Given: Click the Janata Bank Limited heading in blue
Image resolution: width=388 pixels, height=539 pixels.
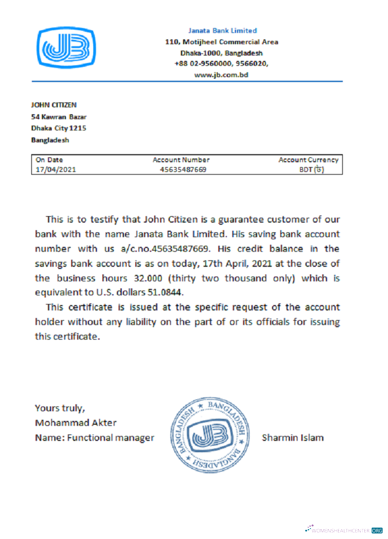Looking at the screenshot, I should pyautogui.click(x=222, y=31).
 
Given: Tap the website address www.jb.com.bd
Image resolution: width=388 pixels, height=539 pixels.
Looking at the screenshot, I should pyautogui.click(x=221, y=75).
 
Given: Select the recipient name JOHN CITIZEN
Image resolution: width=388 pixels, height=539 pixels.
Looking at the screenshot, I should pyautogui.click(x=54, y=105).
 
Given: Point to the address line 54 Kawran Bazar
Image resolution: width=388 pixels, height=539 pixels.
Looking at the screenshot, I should pyautogui.click(x=59, y=116).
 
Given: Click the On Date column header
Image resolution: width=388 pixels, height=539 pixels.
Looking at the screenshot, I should pyautogui.click(x=50, y=160).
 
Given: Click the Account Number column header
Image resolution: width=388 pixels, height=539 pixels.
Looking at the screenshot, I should pyautogui.click(x=181, y=160).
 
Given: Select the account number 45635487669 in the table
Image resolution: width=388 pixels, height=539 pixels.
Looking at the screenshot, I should pyautogui.click(x=183, y=170).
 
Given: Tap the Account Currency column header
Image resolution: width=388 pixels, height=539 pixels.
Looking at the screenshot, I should pyautogui.click(x=308, y=160).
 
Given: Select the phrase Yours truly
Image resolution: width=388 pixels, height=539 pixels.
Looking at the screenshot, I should pyautogui.click(x=59, y=407).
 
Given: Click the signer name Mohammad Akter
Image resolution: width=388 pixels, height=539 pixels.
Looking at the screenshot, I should pyautogui.click(x=75, y=423).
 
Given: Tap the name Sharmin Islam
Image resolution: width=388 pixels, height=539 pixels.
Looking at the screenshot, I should pyautogui.click(x=293, y=438).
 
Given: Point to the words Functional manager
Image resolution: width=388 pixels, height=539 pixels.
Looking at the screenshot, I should pyautogui.click(x=110, y=438).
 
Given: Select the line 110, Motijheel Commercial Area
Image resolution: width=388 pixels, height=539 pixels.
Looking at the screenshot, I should pyautogui.click(x=221, y=42).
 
